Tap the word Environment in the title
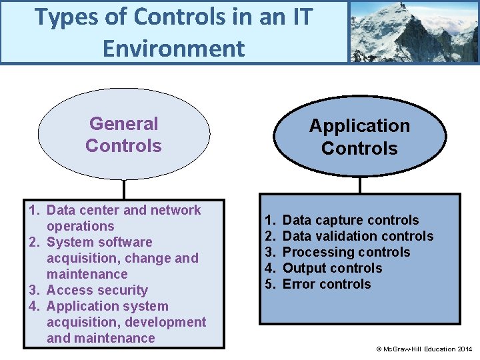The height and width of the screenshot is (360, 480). pos(173,48)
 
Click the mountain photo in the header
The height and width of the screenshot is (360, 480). pos(414,31)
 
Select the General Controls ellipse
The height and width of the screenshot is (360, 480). pos(123,135)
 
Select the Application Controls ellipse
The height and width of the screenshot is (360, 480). pos(359,137)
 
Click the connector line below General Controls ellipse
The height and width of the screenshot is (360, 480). pos(123,190)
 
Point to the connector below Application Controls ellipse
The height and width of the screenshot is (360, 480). pos(359,185)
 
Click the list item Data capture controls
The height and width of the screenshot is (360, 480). pos(351,220)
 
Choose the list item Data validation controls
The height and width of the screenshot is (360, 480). pos(358,236)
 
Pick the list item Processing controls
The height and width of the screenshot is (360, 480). pos(346,252)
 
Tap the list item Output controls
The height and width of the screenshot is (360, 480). pos(332,268)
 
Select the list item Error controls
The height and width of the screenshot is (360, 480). pos(327,284)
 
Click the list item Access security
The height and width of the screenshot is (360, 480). pos(97,290)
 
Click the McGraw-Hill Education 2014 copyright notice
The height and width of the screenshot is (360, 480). pos(425,349)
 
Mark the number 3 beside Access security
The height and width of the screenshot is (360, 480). pos(33,290)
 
